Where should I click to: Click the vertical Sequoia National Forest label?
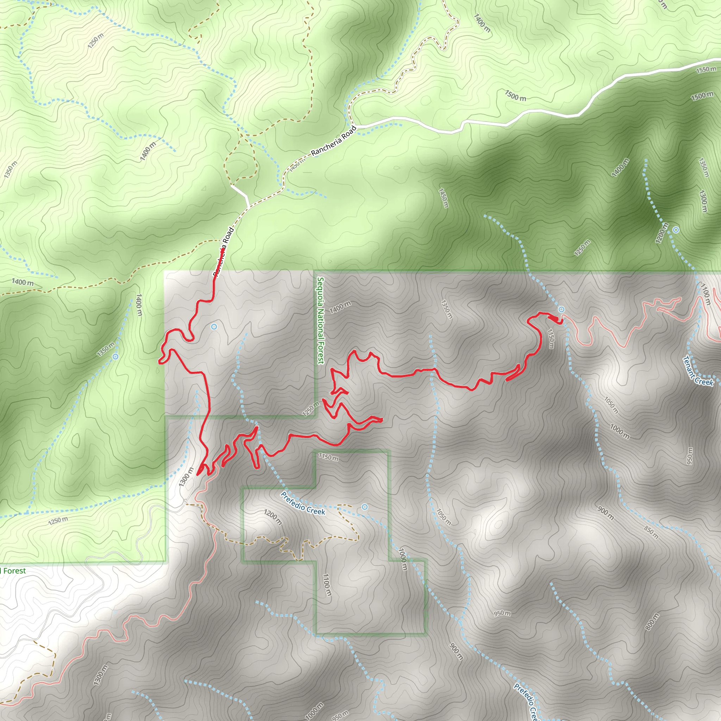pos(320,320)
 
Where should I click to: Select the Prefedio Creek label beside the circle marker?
pos(303,503)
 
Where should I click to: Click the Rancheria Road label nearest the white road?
pos(334,141)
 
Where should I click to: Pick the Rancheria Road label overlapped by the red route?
pos(224,251)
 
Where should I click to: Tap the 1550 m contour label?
pos(706,69)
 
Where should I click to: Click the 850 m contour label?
pos(651,532)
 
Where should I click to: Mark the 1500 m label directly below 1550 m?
pos(702,96)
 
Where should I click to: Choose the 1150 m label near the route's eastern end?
pos(551,338)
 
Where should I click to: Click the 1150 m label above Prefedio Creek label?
pos(328,457)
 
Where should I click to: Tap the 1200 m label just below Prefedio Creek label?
pos(273,517)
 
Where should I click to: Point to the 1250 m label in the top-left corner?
pos(96,40)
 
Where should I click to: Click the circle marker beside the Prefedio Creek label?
pos(365,507)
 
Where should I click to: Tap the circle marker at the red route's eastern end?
pos(561,309)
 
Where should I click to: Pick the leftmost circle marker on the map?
pos(115,356)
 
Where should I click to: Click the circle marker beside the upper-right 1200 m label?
pos(676,230)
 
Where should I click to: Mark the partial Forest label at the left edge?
pos(13,571)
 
